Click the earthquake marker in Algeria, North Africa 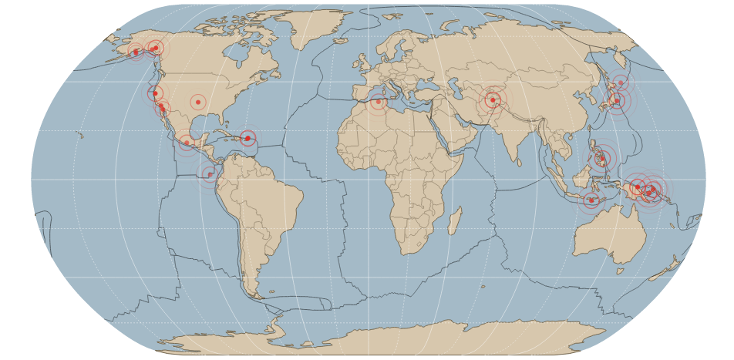coord(378,102)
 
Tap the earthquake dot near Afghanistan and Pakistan coord(493,99)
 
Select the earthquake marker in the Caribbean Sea coord(247,139)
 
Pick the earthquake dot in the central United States coord(198,102)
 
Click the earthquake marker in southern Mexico coord(187,143)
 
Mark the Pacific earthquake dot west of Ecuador coord(210,174)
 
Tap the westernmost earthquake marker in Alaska coord(136,52)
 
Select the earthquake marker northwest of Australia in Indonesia coord(591,200)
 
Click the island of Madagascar coord(455,220)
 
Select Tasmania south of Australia coord(621,271)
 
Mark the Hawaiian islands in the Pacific coord(80,136)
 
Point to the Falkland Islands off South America coord(270,292)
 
